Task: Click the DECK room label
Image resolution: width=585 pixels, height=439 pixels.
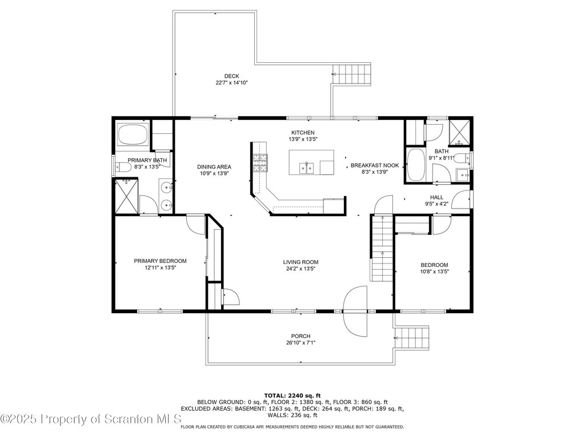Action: pyautogui.click(x=232, y=76)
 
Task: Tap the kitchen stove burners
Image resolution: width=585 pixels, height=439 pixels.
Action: pyautogui.click(x=260, y=163)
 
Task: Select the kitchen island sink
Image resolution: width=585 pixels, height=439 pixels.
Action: pyautogui.click(x=307, y=168)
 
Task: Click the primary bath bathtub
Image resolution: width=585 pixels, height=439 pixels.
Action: pyautogui.click(x=133, y=135)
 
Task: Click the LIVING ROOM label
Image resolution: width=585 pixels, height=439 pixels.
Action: pyautogui.click(x=300, y=262)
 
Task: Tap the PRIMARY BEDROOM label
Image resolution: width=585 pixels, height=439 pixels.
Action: pyautogui.click(x=160, y=261)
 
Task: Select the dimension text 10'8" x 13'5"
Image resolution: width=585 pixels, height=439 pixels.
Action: pyautogui.click(x=434, y=272)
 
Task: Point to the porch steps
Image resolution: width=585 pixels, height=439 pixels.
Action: pyautogui.click(x=413, y=338)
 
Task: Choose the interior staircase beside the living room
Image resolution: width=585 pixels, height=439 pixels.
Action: pyautogui.click(x=382, y=248)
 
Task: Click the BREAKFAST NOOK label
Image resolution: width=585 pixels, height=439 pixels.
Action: pyautogui.click(x=375, y=165)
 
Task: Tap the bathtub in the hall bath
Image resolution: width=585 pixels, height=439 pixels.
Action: pyautogui.click(x=415, y=165)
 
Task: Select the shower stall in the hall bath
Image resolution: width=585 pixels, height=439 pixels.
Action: pyautogui.click(x=460, y=132)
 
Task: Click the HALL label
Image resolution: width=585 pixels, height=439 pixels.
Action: pyautogui.click(x=436, y=197)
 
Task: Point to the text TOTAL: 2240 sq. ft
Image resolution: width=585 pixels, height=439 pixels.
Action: pyautogui.click(x=292, y=396)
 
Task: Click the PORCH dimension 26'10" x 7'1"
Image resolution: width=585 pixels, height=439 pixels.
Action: pyautogui.click(x=300, y=342)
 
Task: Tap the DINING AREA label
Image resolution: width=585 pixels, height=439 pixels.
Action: pyautogui.click(x=214, y=167)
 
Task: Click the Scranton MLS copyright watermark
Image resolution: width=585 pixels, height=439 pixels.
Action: pyautogui.click(x=91, y=419)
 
